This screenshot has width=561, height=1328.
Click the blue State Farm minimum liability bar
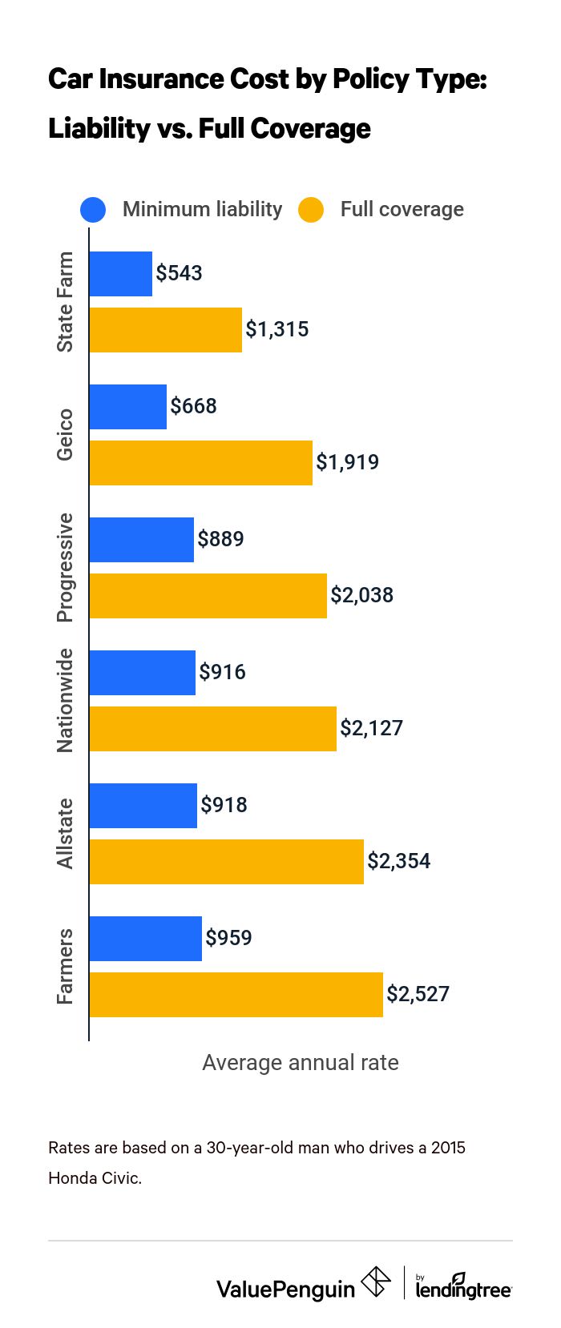pos(120,274)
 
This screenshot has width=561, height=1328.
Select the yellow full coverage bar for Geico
pos(200,462)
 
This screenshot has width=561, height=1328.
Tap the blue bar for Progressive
pos(141,539)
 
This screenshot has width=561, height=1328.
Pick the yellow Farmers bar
pos(236,994)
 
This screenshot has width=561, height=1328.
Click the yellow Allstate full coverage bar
pos(226,861)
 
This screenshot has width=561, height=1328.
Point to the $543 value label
pos(179,273)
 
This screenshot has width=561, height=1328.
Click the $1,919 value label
pos(347,462)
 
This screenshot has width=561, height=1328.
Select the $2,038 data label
pos(361,595)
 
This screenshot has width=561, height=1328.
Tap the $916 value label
pos(222,672)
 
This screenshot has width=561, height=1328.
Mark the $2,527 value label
pos(418,994)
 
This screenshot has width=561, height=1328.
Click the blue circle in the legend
pos(93,210)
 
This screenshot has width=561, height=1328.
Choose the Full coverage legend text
pos(402,210)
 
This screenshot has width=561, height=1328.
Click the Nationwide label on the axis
pos(65,701)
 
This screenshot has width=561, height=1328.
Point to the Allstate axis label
pos(65,833)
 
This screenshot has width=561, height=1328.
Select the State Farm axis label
pos(65,302)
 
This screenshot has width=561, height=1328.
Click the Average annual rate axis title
pos(300,1063)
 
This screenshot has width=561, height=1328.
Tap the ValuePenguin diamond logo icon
pos(376,1282)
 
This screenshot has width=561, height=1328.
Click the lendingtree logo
pos(463,1286)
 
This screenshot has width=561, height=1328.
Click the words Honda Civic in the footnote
pos(95,1178)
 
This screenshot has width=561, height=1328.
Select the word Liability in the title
pos(99,129)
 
